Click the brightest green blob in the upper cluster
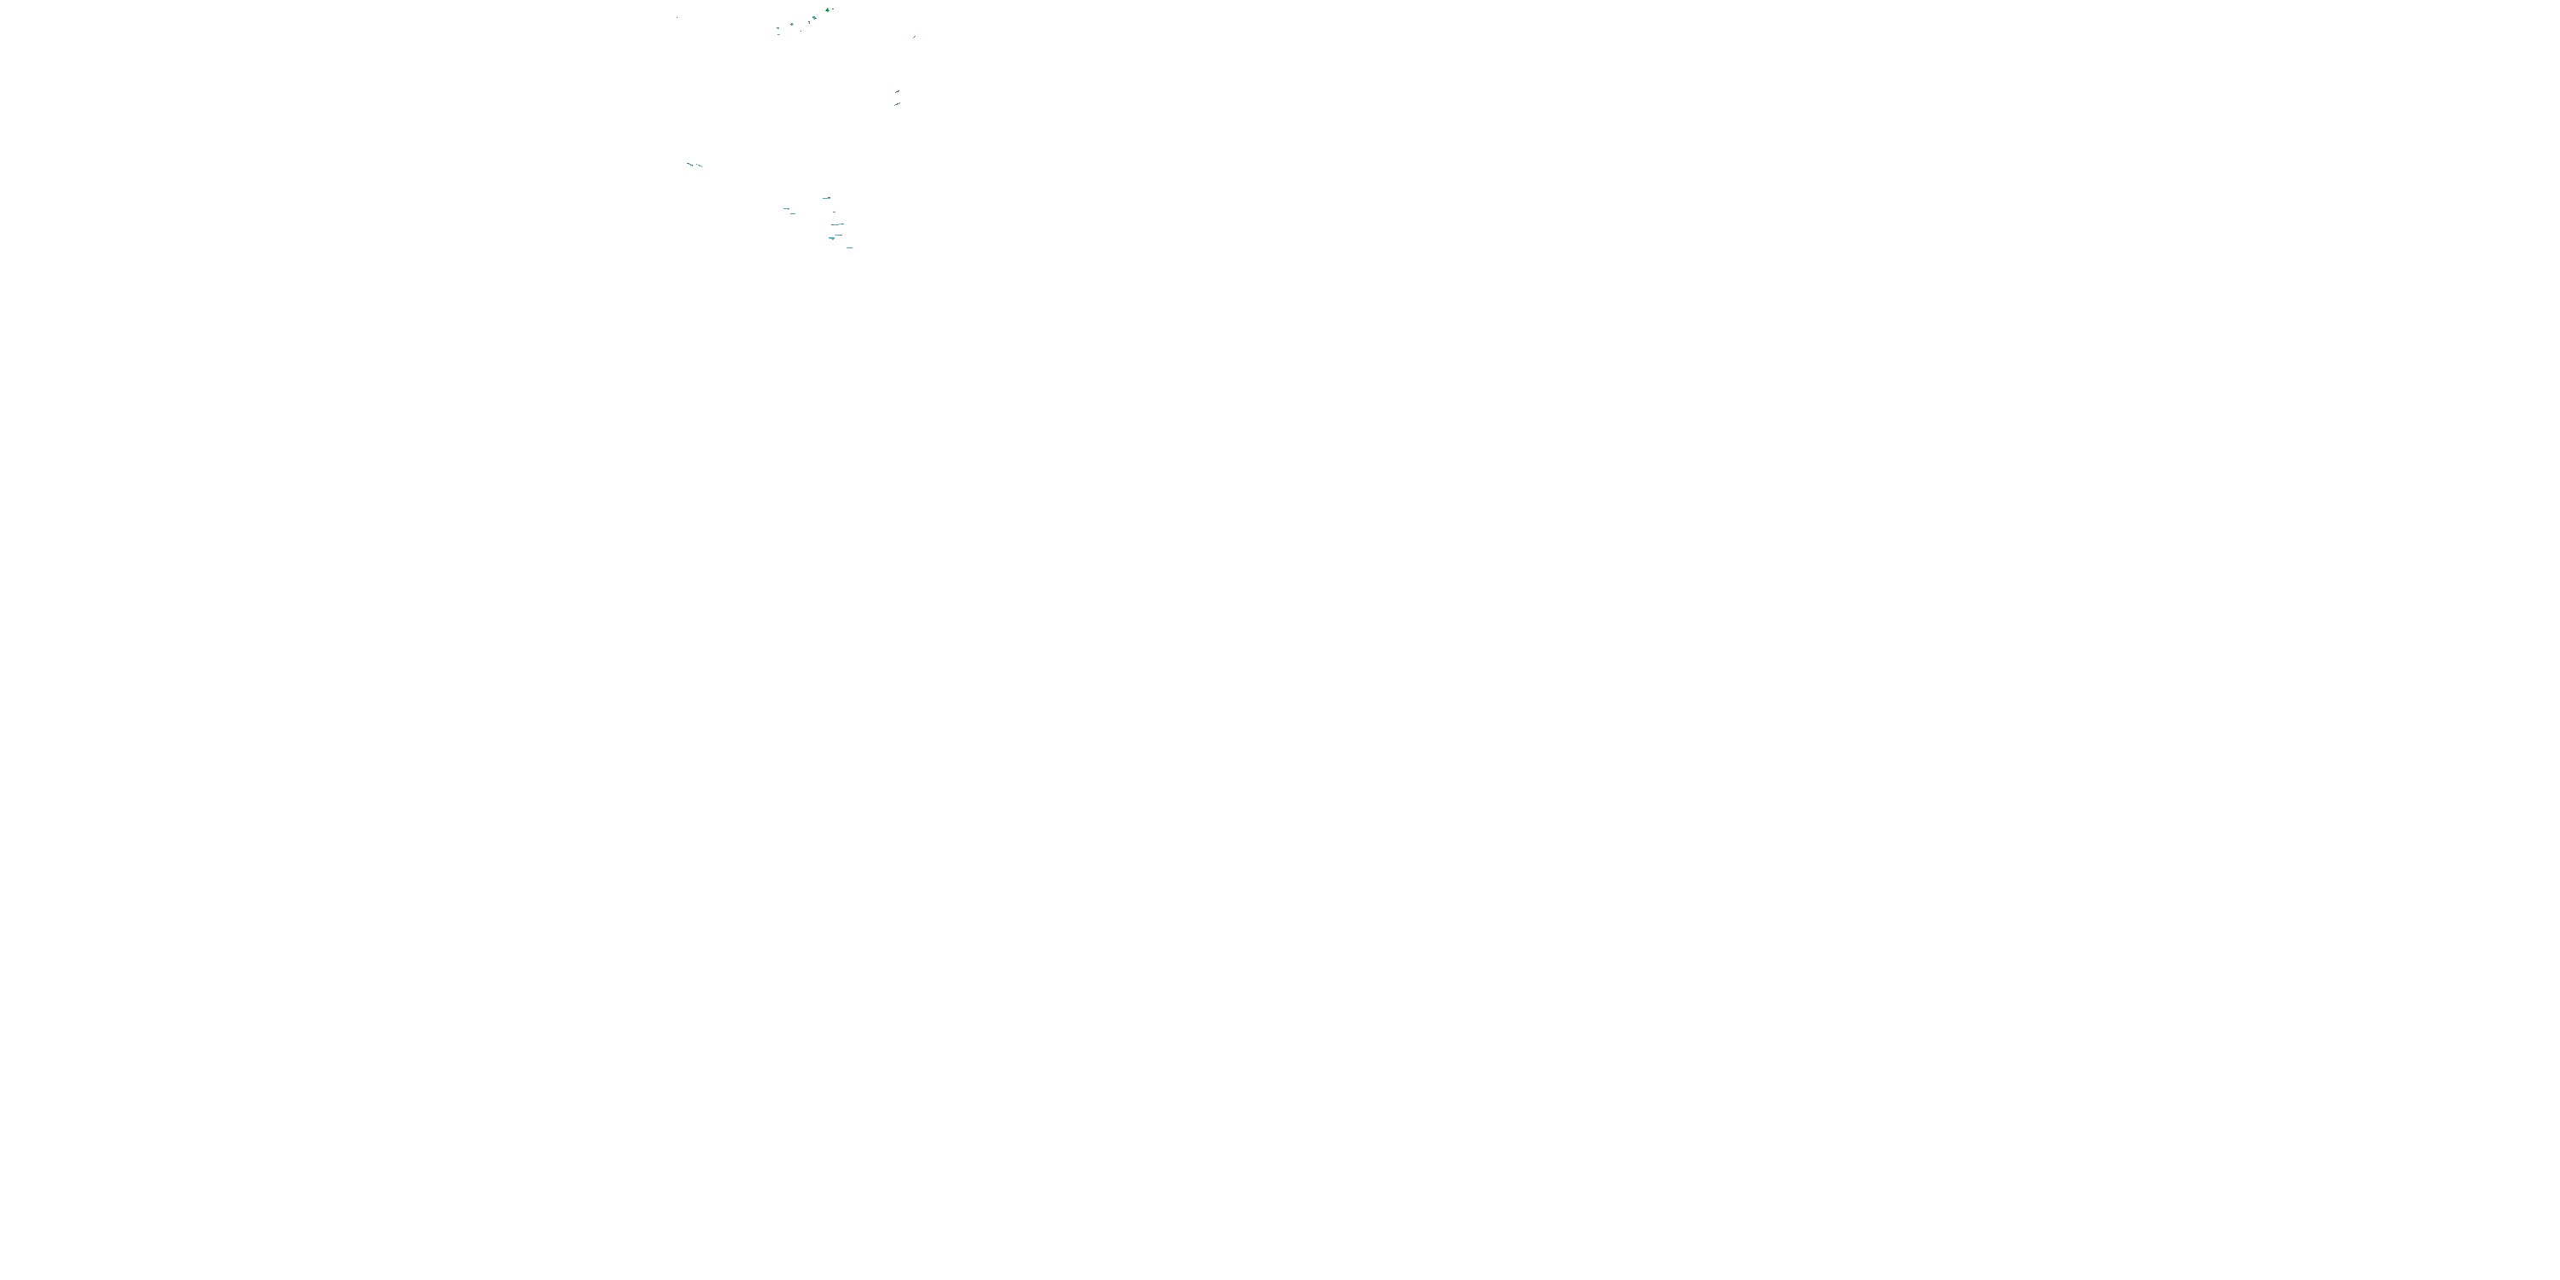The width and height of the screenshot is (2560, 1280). [x=827, y=10]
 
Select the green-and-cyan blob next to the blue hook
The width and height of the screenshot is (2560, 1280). [x=814, y=18]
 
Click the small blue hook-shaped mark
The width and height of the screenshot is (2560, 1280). [x=809, y=22]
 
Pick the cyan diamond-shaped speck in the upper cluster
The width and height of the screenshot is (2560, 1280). [x=792, y=24]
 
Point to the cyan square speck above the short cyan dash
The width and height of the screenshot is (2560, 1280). [x=778, y=29]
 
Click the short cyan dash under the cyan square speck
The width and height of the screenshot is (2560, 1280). [x=779, y=34]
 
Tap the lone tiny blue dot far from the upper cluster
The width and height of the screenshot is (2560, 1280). [x=677, y=18]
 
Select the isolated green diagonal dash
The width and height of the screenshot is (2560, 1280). [x=914, y=37]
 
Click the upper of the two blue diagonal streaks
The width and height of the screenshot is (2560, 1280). [x=898, y=91]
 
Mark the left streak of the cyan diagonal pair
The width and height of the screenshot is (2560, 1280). [x=689, y=164]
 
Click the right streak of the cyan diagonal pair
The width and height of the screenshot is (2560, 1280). [x=699, y=166]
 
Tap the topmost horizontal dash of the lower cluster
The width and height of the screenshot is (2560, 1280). [x=826, y=199]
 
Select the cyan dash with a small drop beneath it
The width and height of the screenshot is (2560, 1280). [x=786, y=209]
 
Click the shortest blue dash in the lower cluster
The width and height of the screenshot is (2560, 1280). [x=834, y=212]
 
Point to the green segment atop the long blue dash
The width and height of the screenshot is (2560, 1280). [x=841, y=224]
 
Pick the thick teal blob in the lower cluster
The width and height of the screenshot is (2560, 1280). [x=831, y=239]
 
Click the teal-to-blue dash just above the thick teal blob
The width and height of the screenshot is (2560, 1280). [x=838, y=235]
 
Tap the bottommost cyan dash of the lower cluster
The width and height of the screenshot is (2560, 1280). [x=849, y=247]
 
